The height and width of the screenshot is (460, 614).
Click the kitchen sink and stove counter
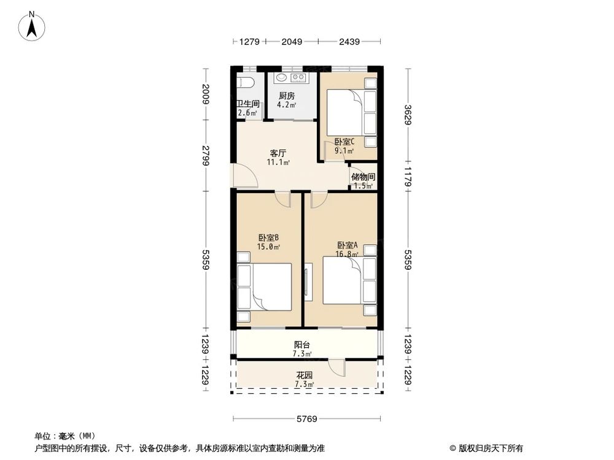tap(290, 78)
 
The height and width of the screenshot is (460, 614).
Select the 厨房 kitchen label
tap(287, 96)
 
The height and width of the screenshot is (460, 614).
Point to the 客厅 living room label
tap(278, 153)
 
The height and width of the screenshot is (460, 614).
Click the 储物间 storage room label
tap(363, 177)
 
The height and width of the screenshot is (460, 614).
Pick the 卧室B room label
tap(269, 238)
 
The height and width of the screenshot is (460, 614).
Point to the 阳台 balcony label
tap(301, 345)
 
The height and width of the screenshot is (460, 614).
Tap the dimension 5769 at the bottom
tap(307, 420)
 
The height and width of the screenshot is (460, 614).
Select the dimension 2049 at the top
tap(292, 42)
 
